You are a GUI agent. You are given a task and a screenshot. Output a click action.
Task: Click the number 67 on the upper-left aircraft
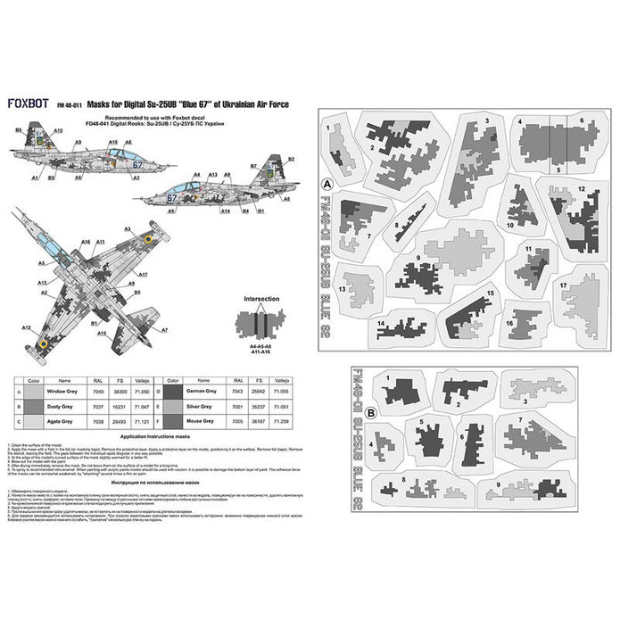(x=136, y=164)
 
